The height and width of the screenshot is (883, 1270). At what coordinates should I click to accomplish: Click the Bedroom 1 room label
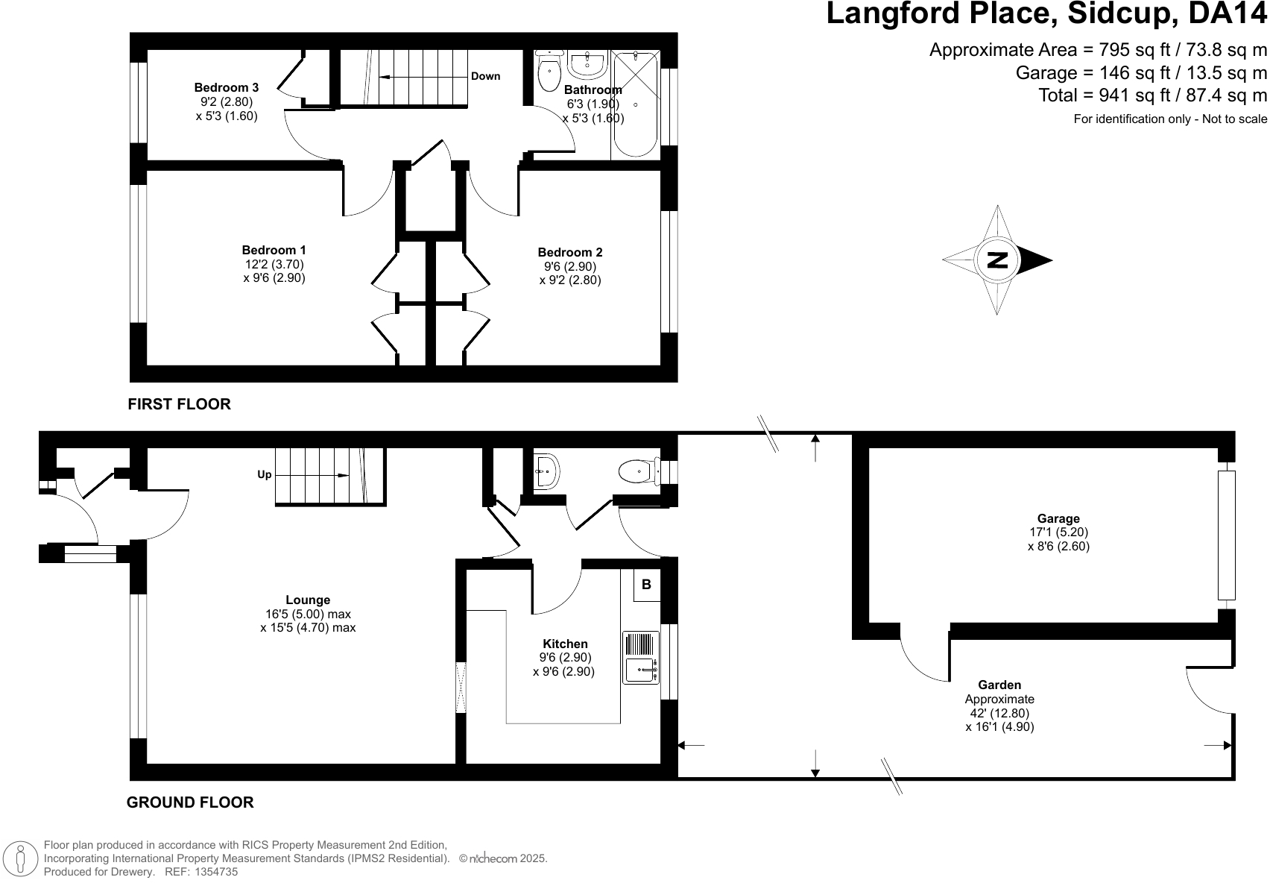tap(274, 251)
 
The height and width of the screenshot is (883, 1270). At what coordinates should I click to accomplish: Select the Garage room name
tap(1058, 519)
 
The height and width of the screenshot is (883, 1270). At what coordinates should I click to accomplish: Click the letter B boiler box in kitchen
tap(646, 585)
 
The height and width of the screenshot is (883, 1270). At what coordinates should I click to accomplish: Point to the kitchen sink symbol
tap(641, 670)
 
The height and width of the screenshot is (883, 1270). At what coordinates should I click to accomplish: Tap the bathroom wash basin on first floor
tap(587, 64)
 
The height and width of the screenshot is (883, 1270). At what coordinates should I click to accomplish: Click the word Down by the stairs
tap(485, 76)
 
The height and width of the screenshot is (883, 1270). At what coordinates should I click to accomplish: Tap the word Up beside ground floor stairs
tap(265, 474)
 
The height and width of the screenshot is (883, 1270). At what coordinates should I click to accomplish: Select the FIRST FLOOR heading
tap(179, 404)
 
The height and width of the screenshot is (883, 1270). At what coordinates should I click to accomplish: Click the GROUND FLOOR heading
tap(190, 802)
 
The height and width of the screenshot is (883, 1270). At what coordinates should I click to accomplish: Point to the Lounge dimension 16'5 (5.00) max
tap(308, 614)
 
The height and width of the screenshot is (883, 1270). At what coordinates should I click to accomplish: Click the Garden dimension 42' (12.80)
tap(999, 713)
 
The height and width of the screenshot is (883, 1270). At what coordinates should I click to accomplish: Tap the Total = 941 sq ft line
tap(1152, 95)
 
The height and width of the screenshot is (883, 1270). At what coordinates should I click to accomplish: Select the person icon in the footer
tap(21, 858)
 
